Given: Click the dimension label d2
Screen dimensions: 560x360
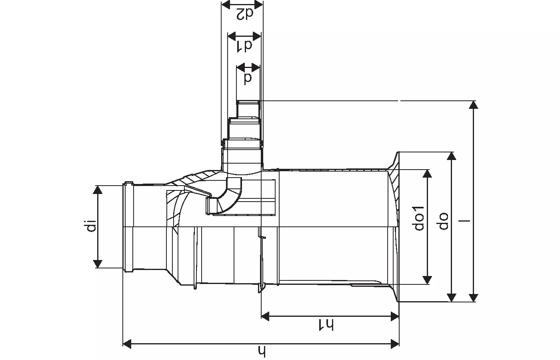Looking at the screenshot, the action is click(245, 14).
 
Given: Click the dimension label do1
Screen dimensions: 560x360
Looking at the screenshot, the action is click(418, 218).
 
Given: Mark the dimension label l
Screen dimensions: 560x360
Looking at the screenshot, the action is click(465, 221).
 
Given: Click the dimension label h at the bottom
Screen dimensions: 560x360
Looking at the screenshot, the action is click(262, 352).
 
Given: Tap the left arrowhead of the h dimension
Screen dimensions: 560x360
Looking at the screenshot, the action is click(127, 344).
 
